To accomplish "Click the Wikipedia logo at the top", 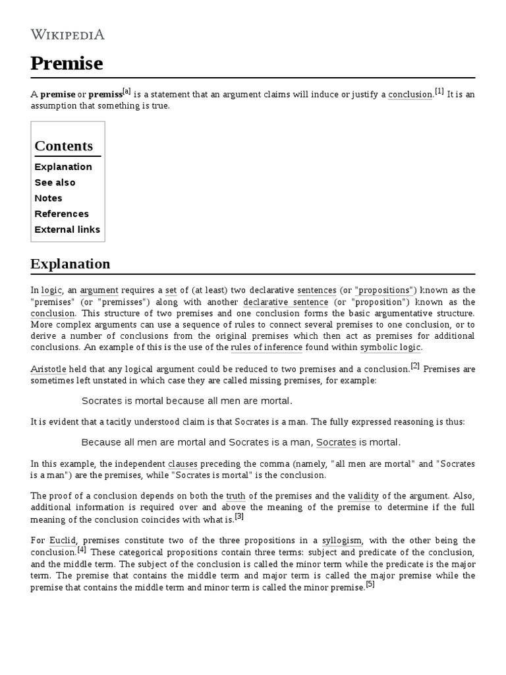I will click(x=67, y=34).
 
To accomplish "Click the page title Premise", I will click(x=67, y=64).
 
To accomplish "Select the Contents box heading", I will click(x=64, y=146).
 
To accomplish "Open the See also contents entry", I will click(x=55, y=183).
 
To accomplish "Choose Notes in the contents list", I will click(x=48, y=198).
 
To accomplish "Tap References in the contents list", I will click(x=61, y=214).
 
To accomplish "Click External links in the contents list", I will click(x=67, y=230).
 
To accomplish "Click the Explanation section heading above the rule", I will click(x=70, y=264).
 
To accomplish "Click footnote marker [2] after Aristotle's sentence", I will click(x=415, y=366).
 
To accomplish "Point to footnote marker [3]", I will click(x=239, y=516).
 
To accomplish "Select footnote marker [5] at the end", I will click(x=370, y=585).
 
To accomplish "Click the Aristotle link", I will click(x=48, y=369).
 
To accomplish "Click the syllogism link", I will click(x=341, y=541).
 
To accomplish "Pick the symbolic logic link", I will click(x=390, y=347).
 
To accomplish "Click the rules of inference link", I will click(x=267, y=347).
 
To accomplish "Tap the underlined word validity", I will click(x=364, y=496).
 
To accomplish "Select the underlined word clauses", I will click(x=183, y=464).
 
